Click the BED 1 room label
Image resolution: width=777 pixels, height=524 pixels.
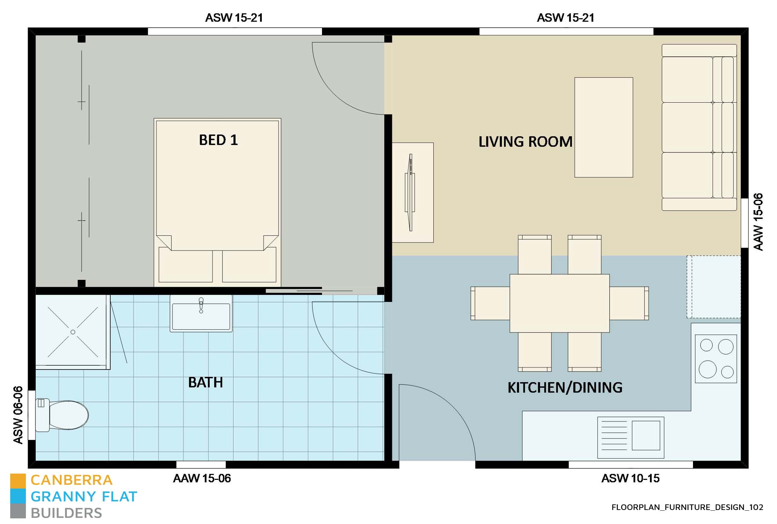tap(218, 140)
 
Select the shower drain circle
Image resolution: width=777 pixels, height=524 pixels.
tap(73, 332)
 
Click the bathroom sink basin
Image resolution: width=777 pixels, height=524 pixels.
tap(201, 316)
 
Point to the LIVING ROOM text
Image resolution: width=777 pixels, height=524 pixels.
tap(525, 142)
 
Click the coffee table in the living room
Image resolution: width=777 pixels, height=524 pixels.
tap(603, 127)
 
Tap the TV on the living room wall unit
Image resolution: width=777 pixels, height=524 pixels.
tap(410, 193)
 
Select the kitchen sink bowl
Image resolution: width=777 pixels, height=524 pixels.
tap(645, 435)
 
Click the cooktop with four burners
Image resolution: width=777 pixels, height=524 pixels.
tap(716, 358)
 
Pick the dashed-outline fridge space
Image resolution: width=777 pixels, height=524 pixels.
tap(713, 287)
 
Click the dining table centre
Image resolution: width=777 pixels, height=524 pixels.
tap(559, 303)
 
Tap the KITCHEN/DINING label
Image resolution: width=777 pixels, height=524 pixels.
tap(565, 388)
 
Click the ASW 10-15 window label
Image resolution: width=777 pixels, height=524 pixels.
tap(630, 478)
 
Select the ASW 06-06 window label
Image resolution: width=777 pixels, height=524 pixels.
tap(18, 415)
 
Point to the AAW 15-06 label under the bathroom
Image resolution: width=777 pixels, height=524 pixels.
tap(202, 478)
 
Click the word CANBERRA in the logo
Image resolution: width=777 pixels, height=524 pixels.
tap(72, 480)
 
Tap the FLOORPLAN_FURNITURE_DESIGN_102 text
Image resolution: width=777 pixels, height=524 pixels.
tap(687, 507)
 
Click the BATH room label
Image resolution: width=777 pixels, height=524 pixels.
tap(205, 382)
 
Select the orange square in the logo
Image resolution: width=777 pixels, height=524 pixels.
tap(18, 481)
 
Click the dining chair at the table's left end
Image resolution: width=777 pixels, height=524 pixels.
tap(490, 303)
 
